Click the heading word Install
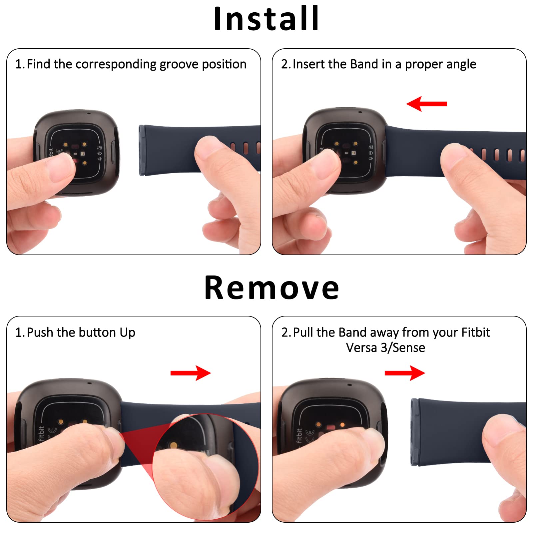pyautogui.click(x=266, y=19)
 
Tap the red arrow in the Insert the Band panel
pyautogui.click(x=427, y=104)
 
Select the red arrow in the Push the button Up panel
pyautogui.click(x=191, y=373)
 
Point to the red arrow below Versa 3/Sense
pyautogui.click(x=405, y=373)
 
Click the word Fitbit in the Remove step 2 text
pyautogui.click(x=475, y=332)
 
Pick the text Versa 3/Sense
pyautogui.click(x=385, y=348)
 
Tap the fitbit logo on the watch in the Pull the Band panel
pyautogui.click(x=299, y=436)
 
